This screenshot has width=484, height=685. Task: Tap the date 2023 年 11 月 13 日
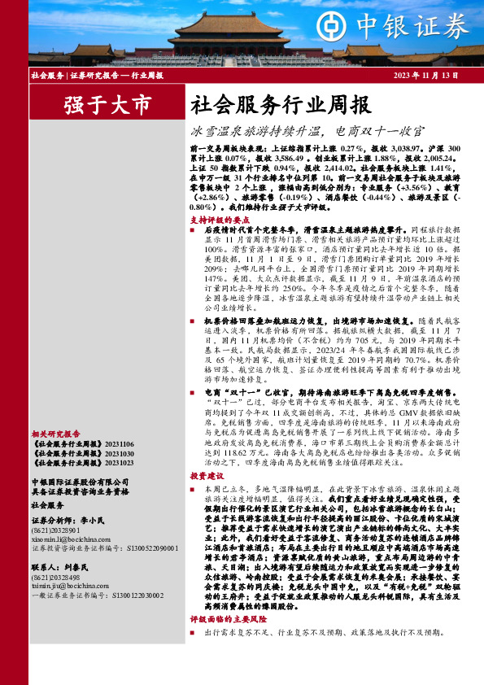tap(427, 75)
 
